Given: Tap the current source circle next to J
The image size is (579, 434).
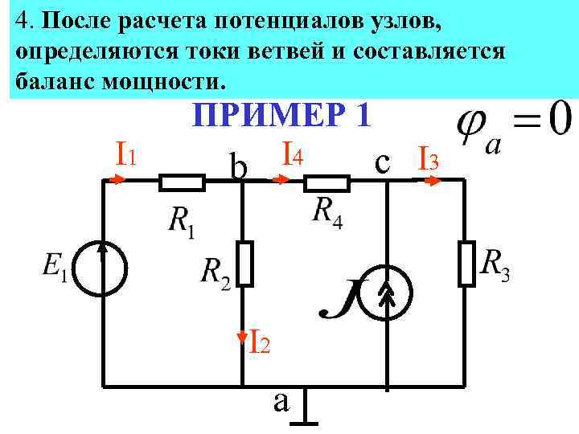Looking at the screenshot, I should pos(386,295).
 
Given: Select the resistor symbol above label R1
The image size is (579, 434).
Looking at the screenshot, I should pos(182,183).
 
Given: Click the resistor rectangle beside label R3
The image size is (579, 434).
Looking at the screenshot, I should pos(466,263).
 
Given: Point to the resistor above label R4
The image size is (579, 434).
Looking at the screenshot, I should pos(326,183).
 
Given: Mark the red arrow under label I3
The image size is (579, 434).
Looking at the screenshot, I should pos(433,181).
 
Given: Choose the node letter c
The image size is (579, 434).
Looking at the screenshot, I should pos(384,162).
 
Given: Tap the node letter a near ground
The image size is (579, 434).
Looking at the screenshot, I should pos(281,399).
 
